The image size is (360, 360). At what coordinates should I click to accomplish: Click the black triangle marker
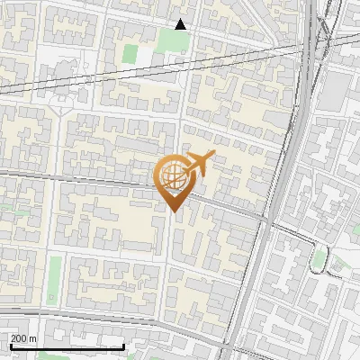click(x=181, y=24)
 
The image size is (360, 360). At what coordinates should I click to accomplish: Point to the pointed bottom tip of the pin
click(x=172, y=211)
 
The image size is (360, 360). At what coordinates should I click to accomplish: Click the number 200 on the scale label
click(x=20, y=338)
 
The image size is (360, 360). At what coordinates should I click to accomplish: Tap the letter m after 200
click(x=34, y=338)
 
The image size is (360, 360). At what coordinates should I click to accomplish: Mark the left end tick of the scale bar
click(x=9, y=346)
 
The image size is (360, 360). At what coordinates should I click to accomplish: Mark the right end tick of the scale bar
click(x=123, y=346)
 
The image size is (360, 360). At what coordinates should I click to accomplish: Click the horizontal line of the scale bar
click(x=67, y=347)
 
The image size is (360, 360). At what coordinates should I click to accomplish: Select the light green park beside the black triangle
click(x=171, y=40)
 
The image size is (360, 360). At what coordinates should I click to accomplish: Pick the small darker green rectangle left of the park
click(x=130, y=54)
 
